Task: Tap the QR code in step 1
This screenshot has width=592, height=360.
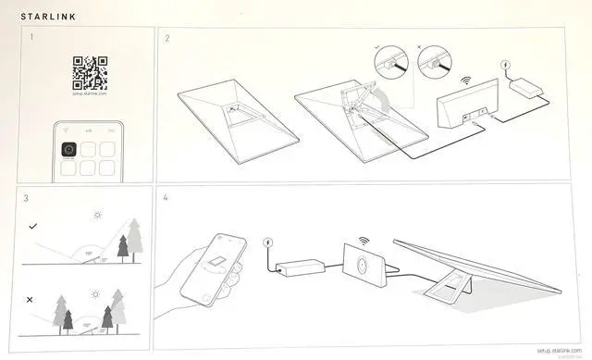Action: pyautogui.click(x=90, y=71)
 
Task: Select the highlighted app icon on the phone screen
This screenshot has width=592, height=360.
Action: pyautogui.click(x=69, y=150)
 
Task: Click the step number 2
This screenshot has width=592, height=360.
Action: pyautogui.click(x=166, y=38)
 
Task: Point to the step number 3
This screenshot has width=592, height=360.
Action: pyautogui.click(x=26, y=198)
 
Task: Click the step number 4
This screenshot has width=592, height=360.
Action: pyautogui.click(x=166, y=198)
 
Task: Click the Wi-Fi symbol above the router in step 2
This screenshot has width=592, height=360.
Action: pyautogui.click(x=467, y=81)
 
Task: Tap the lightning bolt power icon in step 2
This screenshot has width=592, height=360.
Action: pyautogui.click(x=504, y=65)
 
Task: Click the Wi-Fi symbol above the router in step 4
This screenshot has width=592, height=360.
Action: pyautogui.click(x=364, y=240)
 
